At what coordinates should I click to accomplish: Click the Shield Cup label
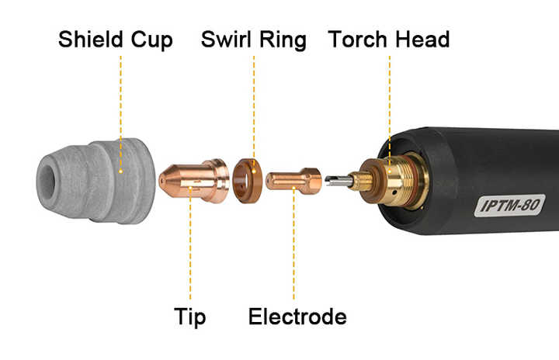pos(115,40)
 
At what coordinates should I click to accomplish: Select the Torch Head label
pos(388,40)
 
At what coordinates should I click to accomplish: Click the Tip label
pos(190,317)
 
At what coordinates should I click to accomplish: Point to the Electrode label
pos(297,317)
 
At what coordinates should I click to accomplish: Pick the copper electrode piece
pos(293,181)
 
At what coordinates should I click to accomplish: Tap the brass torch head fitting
pos(388,180)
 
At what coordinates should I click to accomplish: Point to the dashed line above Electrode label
pos(294,248)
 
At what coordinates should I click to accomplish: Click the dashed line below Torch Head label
pos(389,101)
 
